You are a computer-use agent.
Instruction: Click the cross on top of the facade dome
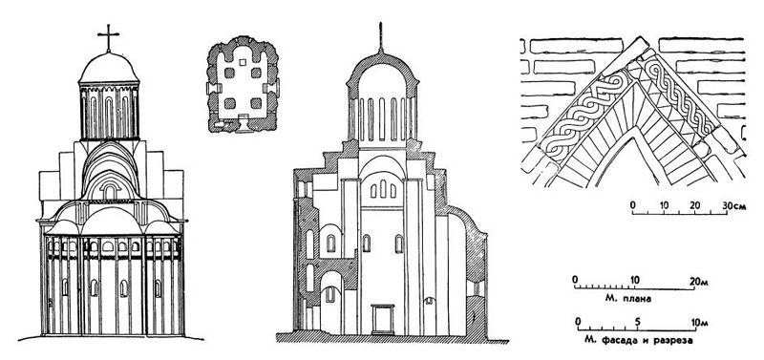pos(108,37)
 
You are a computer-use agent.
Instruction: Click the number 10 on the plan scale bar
pos(636,279)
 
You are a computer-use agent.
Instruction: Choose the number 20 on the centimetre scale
pos(696,205)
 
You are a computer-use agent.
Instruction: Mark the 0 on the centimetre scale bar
pos(632,205)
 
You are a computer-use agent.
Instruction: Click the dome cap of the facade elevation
pos(107,67)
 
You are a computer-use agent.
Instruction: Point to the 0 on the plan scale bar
pos(575,279)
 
